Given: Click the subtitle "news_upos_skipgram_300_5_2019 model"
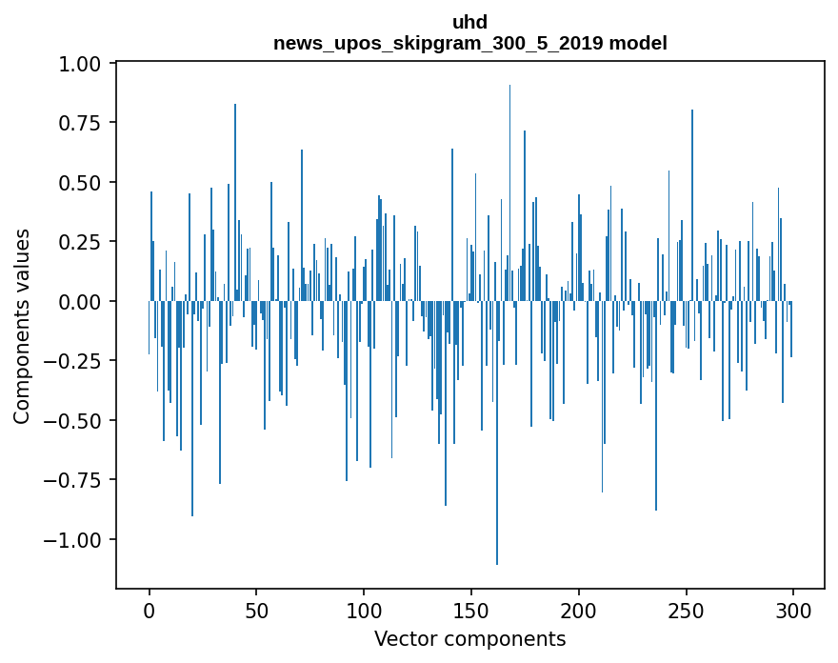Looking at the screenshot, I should pyautogui.click(x=469, y=43).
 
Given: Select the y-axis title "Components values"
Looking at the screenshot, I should pyautogui.click(x=22, y=326).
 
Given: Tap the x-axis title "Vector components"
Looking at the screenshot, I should pyautogui.click(x=469, y=638).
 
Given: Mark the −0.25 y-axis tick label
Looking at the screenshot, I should pyautogui.click(x=74, y=361).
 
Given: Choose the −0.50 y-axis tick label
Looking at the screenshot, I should pyautogui.click(x=74, y=420).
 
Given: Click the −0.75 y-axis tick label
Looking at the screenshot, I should pyautogui.click(x=74, y=480).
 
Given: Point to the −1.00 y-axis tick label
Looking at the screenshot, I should pyautogui.click(x=74, y=539).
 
